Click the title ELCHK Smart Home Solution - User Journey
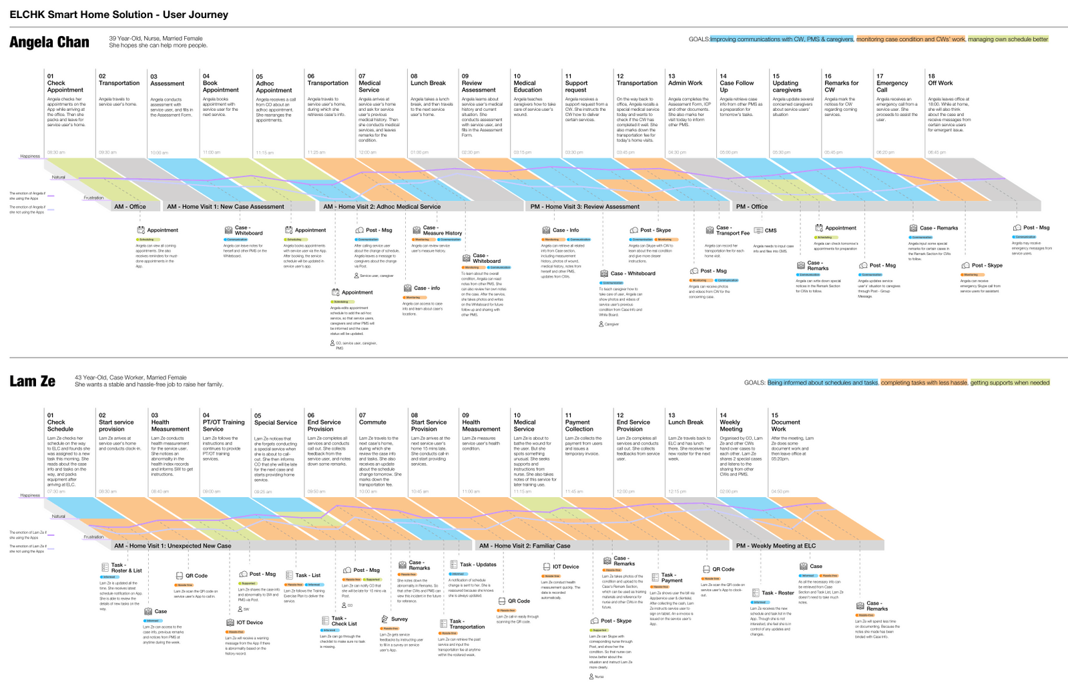119,15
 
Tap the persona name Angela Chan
49,42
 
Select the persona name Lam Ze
32,381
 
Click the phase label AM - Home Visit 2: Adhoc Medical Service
382,207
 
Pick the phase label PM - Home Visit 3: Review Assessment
585,207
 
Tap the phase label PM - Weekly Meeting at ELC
776,546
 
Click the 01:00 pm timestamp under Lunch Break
419,152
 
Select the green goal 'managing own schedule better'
1008,39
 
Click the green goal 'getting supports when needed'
1009,382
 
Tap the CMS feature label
770,230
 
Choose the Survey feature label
399,619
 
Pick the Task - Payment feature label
672,577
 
